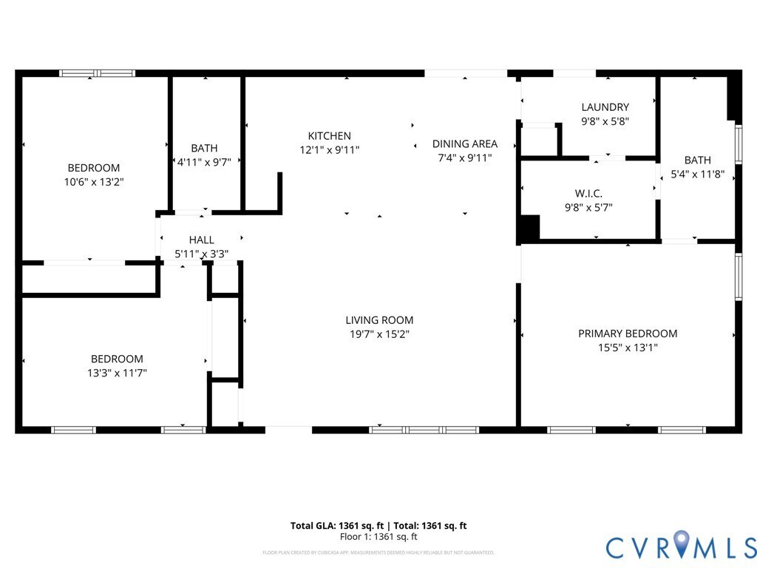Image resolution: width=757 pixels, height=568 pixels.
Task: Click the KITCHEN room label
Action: (x=329, y=136)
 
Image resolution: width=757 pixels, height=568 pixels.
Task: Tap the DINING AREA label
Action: (x=464, y=144)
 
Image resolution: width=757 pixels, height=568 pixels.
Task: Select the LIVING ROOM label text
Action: (x=379, y=320)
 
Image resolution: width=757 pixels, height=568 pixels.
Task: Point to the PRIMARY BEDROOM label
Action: (x=628, y=334)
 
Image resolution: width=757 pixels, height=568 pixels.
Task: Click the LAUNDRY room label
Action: (x=605, y=107)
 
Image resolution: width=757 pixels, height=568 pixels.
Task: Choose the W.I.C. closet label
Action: (x=588, y=194)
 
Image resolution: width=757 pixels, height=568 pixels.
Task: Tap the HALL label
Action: (x=201, y=240)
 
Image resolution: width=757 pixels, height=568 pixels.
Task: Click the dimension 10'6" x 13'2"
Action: (x=94, y=181)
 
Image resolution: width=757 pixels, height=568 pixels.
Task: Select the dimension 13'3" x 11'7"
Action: (x=117, y=373)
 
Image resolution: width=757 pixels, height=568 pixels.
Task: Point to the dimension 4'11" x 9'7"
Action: (x=205, y=162)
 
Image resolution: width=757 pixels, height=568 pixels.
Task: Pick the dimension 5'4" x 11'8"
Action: (x=697, y=175)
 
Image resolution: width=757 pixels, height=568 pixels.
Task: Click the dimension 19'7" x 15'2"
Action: (x=379, y=334)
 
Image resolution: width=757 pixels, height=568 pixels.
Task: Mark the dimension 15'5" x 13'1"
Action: (x=628, y=348)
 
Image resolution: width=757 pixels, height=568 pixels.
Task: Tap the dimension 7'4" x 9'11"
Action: (x=464, y=158)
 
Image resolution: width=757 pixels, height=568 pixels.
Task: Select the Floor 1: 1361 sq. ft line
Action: (x=378, y=537)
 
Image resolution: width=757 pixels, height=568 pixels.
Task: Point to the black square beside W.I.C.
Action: (x=528, y=228)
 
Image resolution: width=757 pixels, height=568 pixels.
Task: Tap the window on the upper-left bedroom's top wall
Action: (x=97, y=73)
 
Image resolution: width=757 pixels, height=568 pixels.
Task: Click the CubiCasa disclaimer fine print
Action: (x=378, y=552)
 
